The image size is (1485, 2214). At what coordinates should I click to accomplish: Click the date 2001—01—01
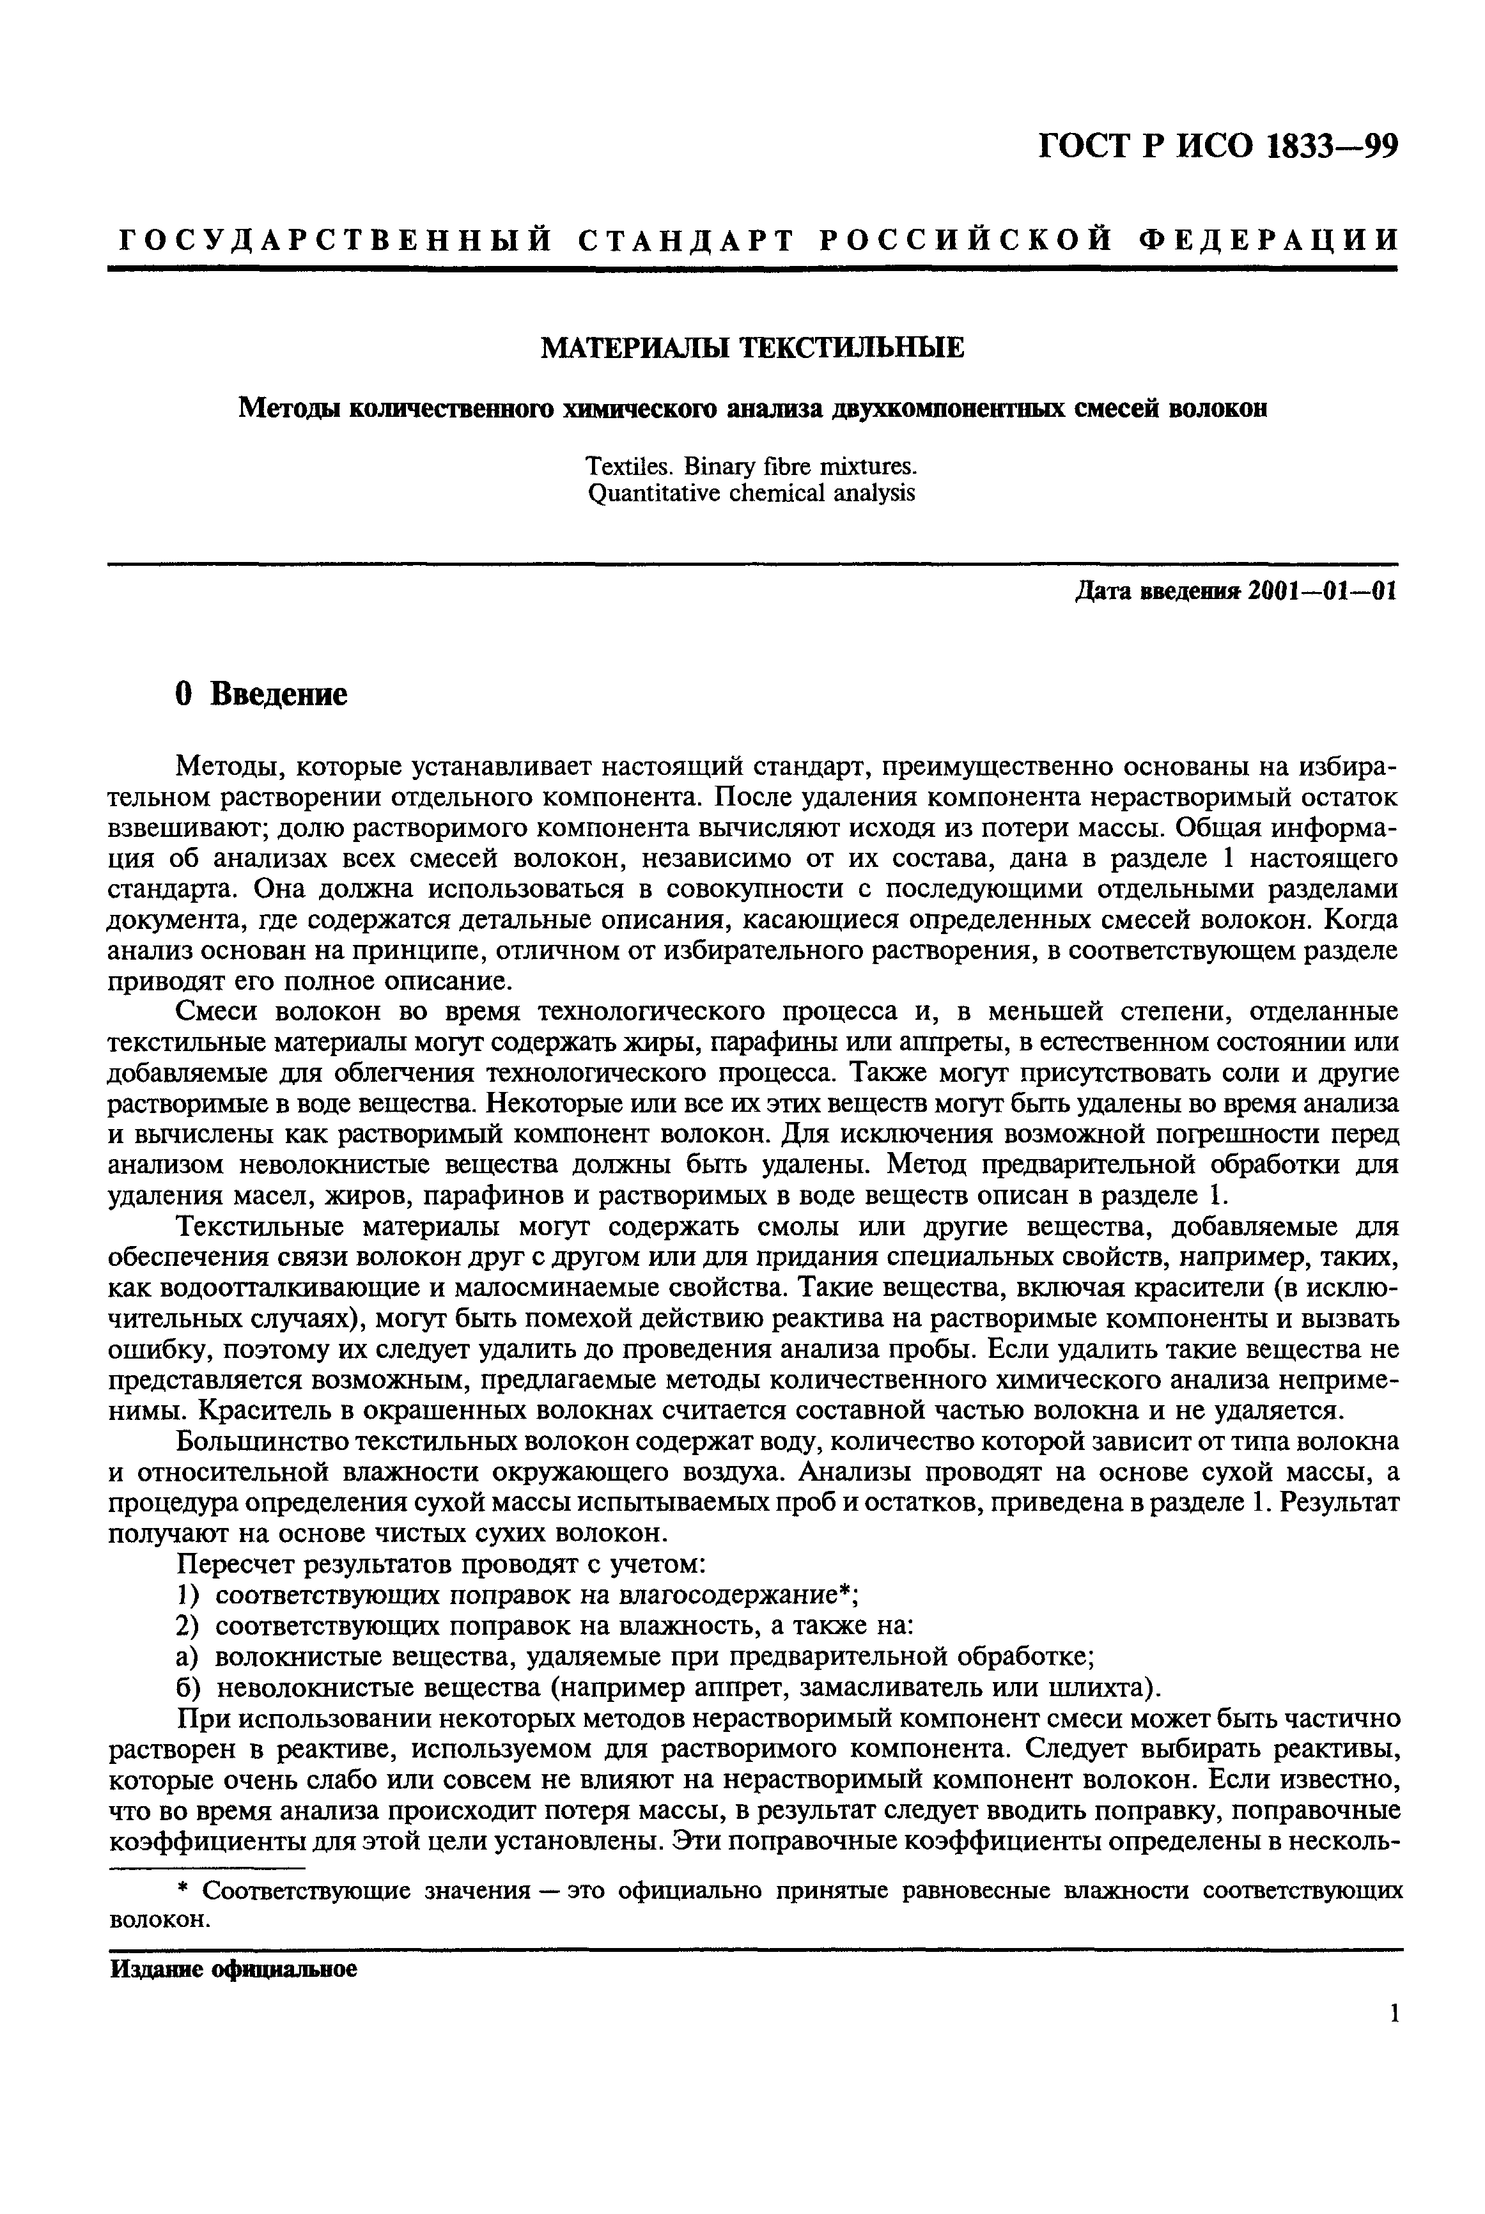tap(1323, 591)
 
